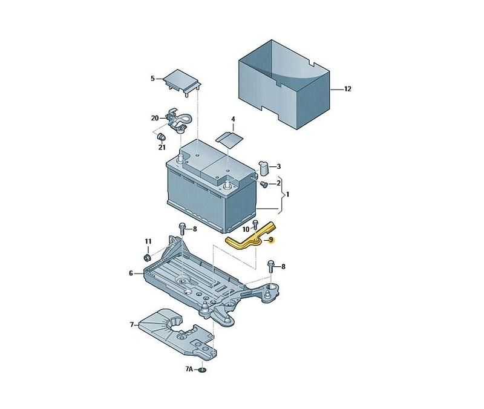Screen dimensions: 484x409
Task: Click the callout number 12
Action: (347, 89)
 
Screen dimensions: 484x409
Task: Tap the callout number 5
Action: (153, 79)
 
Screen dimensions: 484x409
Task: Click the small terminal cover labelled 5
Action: (181, 82)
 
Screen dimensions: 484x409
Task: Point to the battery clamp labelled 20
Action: (177, 120)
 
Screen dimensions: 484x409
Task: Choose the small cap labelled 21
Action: (161, 137)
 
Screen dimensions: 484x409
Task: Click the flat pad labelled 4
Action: (230, 139)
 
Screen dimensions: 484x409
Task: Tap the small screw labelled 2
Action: (263, 185)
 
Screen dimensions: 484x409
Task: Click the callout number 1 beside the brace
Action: (288, 194)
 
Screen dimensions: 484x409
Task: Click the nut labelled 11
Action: (148, 257)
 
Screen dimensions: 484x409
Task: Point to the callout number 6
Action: (131, 273)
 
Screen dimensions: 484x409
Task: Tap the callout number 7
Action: (132, 325)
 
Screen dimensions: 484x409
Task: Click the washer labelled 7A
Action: (202, 370)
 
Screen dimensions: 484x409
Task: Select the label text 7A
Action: (189, 369)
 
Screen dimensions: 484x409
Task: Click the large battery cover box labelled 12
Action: (284, 85)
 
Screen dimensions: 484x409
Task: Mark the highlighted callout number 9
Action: (271, 240)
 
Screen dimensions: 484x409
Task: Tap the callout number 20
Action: (155, 118)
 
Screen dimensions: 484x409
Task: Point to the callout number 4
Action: (233, 119)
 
